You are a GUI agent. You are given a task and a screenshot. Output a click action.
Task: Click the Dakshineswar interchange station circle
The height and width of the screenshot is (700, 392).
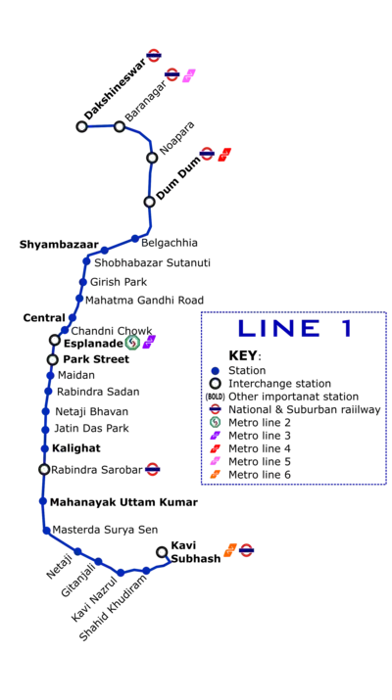pos(81,126)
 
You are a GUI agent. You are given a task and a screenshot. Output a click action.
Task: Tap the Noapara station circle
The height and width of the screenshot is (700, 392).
pos(152,158)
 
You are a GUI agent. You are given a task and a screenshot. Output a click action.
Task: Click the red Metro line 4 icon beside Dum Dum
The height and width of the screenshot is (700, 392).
pos(224,155)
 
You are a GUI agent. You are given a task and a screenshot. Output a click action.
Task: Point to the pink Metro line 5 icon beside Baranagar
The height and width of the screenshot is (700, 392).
pos(189,75)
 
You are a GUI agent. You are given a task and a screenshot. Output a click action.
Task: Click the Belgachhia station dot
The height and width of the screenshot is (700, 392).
pos(135,239)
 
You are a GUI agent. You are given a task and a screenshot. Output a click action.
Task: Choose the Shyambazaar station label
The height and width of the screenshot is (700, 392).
pos(59,245)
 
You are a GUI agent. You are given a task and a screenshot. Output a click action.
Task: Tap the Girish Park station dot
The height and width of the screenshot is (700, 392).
pos(82,282)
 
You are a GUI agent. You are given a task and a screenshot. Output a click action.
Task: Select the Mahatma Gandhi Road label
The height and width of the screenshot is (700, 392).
pos(144,300)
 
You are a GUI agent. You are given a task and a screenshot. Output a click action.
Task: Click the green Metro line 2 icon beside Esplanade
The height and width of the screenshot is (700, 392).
pos(132,343)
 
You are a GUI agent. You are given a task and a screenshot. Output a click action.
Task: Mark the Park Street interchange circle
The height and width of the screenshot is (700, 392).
pos(53,359)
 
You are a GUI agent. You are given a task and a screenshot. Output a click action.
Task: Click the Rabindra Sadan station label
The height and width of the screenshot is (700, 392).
pos(98,392)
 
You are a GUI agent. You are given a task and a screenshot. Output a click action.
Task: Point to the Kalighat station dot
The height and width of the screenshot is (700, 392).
pos(44,448)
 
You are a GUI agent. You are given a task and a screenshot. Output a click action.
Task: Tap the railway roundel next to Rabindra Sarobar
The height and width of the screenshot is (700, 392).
pos(153,469)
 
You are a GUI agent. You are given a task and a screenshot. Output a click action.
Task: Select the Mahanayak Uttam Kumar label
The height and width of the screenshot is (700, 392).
pos(123,502)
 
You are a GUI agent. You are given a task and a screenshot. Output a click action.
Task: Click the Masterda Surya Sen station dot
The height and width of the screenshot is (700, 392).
pos(46,531)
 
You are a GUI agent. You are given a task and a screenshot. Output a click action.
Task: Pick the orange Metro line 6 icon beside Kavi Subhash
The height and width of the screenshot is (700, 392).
pos(229,550)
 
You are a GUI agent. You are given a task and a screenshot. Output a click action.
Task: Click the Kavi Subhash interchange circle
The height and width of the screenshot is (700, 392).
pos(162,552)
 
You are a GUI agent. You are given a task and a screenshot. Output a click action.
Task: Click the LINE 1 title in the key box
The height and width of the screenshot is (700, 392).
pos(295,329)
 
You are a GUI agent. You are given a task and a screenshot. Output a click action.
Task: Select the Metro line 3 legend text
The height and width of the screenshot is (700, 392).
pos(260,436)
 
